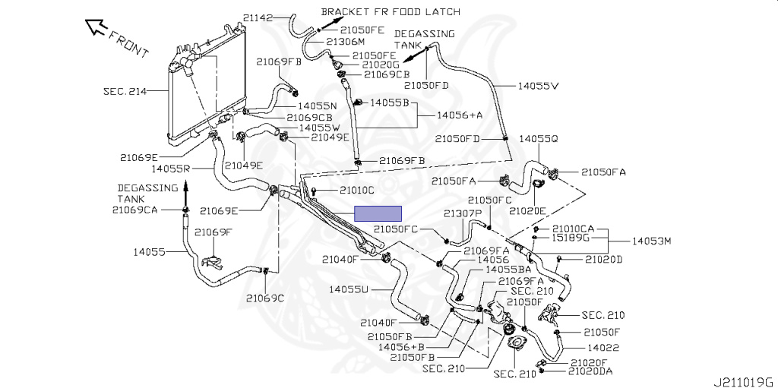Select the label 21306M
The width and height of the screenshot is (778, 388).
[345, 42]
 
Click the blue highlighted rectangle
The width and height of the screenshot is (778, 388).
[380, 213]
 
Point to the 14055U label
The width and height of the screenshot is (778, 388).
[349, 289]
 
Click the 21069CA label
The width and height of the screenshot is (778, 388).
[134, 210]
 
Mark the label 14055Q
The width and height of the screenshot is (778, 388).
[539, 139]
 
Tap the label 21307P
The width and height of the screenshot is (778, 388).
[463, 214]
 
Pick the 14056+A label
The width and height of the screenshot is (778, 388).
[460, 115]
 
